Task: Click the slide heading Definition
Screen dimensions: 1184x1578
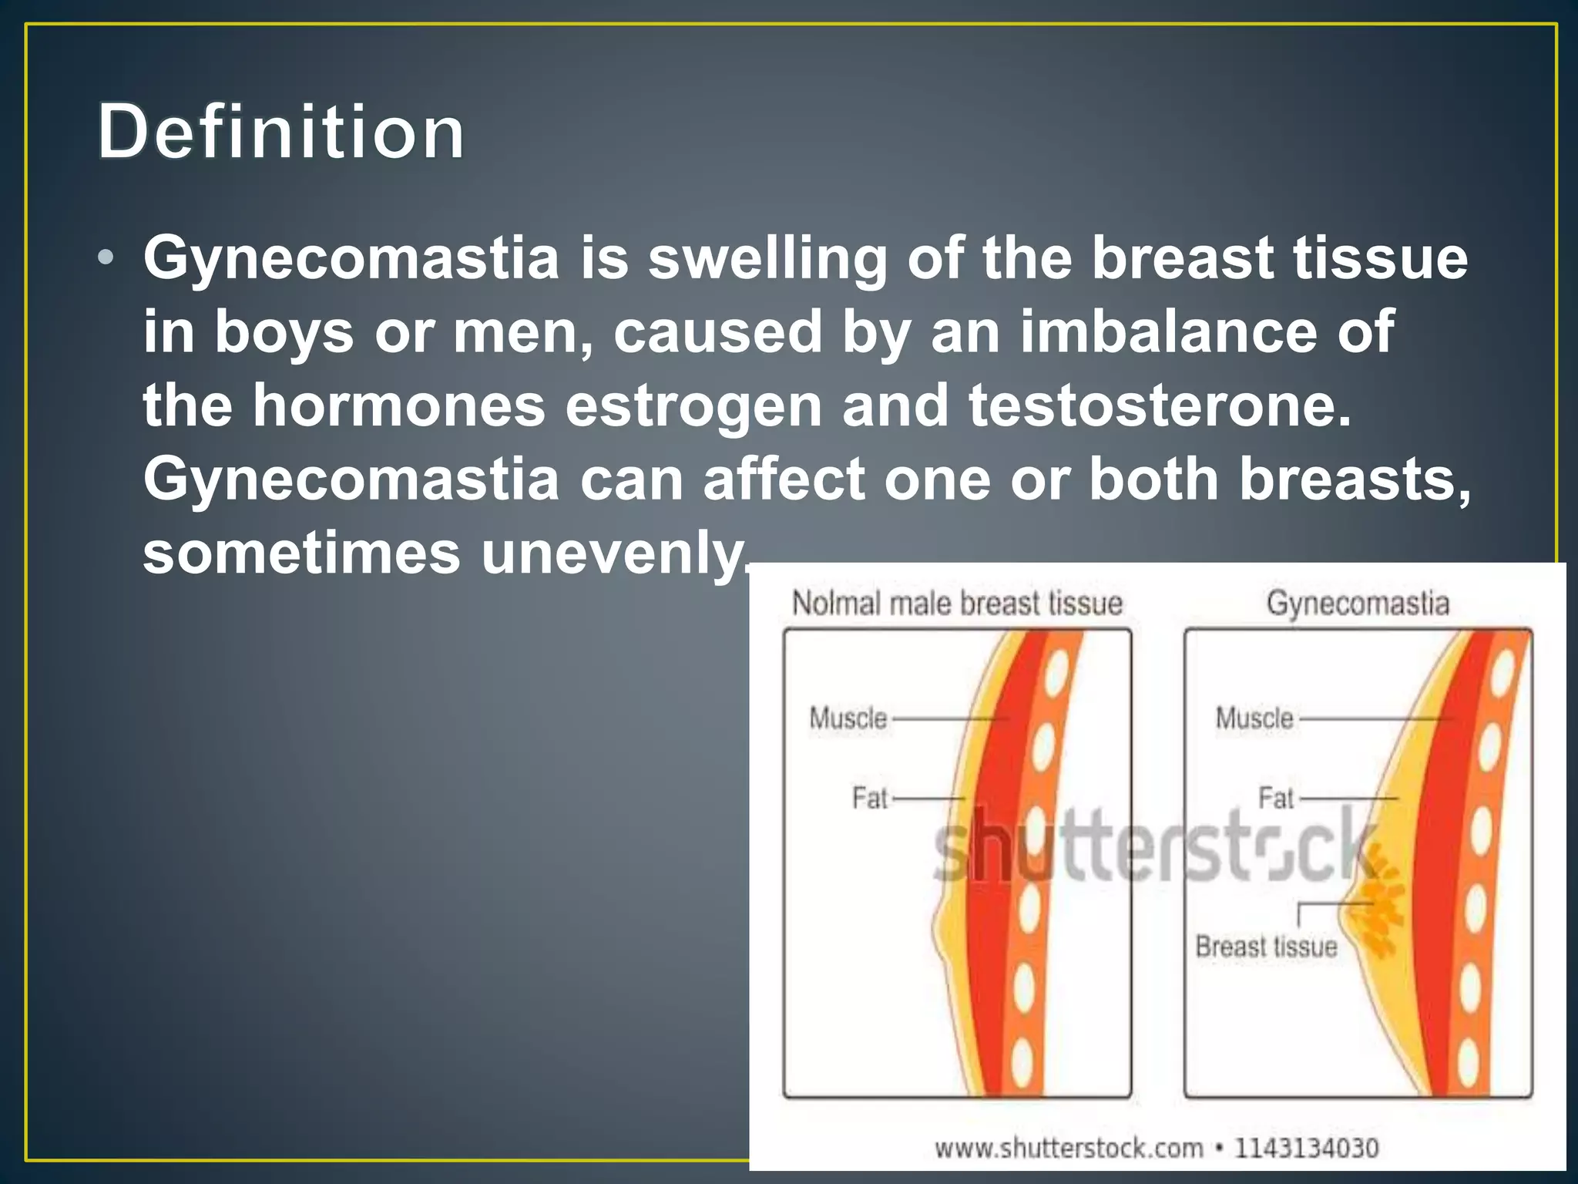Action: [281, 133]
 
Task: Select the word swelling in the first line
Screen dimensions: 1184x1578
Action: [767, 259]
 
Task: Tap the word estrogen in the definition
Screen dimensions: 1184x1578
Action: [693, 407]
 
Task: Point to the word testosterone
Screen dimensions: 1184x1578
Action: [1159, 405]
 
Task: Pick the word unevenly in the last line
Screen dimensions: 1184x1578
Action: [613, 553]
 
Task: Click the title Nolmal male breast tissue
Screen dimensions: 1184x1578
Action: [957, 603]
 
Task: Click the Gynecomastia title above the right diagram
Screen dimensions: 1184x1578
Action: [1358, 603]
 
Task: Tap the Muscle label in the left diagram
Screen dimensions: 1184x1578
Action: [848, 718]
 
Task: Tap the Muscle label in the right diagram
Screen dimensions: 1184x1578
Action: [1254, 718]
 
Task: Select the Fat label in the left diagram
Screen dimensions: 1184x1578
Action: [870, 798]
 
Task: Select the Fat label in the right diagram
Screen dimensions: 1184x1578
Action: [1275, 798]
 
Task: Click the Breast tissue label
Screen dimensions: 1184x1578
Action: [1266, 947]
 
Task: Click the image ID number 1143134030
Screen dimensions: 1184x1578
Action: [1307, 1148]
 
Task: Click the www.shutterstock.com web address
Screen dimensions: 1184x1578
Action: [1069, 1148]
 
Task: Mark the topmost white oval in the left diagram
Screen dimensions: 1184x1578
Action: [1055, 671]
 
